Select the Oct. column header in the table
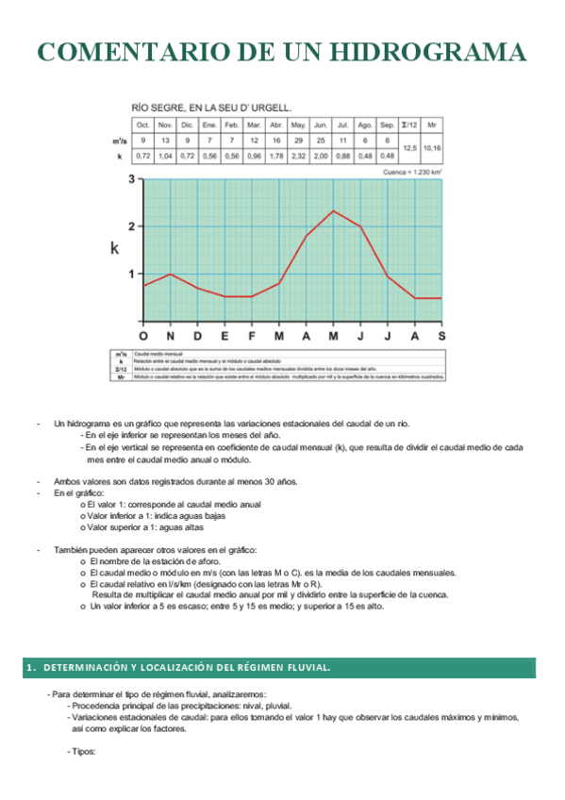coord(143,125)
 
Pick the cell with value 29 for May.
coord(298,141)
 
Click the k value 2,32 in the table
coord(298,156)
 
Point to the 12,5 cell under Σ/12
coord(409,148)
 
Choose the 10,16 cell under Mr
coord(432,148)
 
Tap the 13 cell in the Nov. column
coord(165,141)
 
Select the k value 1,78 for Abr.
coord(276,156)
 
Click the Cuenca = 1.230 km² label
coord(413,173)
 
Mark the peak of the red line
coord(333,210)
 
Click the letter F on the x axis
coord(252,336)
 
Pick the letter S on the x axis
coord(441,336)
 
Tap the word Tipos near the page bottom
coord(84,751)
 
